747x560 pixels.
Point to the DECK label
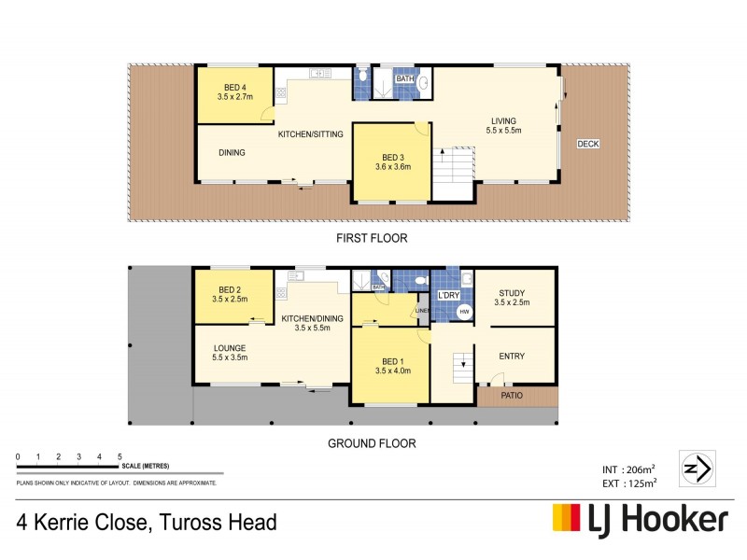[x=587, y=144]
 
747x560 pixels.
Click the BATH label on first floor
[x=404, y=79]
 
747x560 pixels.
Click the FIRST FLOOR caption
[x=373, y=239]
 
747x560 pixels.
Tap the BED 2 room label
[x=230, y=294]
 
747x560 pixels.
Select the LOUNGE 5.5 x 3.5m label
[x=229, y=353]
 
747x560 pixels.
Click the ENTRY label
[x=513, y=355]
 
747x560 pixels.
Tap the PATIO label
[x=512, y=396]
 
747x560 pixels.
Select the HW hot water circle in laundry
[x=464, y=313]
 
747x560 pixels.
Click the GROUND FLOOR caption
[x=372, y=444]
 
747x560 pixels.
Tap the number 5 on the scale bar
[x=120, y=456]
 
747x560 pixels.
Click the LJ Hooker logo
[x=641, y=519]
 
